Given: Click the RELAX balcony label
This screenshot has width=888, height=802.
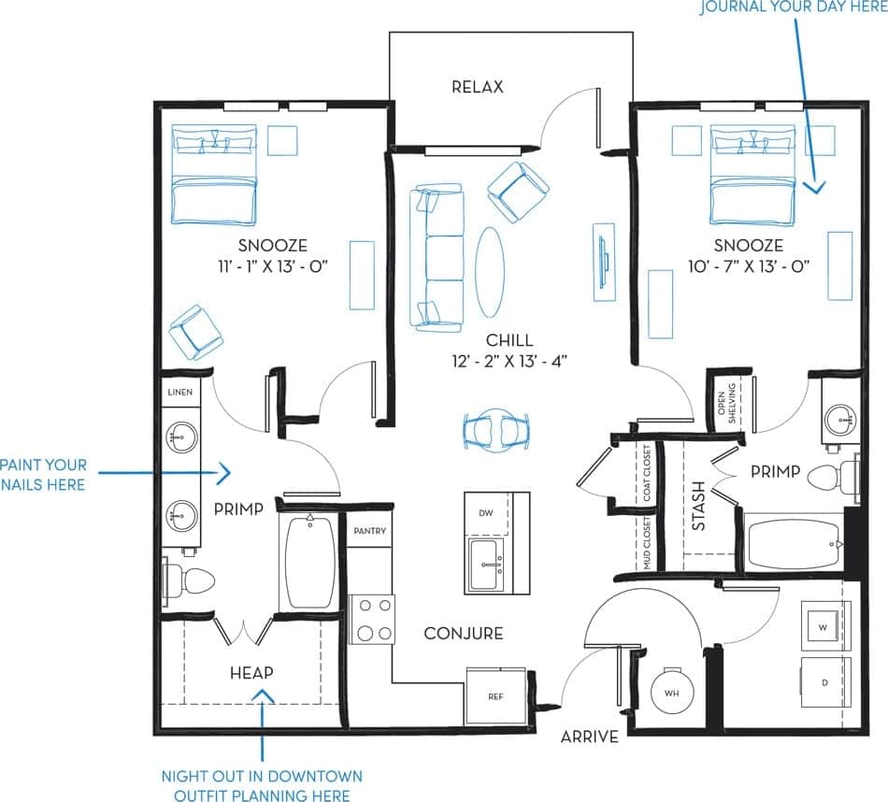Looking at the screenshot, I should [477, 87].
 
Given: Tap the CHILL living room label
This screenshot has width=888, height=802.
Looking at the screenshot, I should [509, 340].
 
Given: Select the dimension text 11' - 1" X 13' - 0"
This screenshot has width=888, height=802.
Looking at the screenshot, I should [272, 265].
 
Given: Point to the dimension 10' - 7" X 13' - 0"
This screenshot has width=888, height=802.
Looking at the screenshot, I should [748, 265].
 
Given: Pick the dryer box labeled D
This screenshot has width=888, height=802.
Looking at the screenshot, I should [825, 682].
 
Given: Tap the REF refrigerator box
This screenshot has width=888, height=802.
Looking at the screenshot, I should [495, 696].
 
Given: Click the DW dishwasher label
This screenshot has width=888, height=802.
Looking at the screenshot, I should [485, 513].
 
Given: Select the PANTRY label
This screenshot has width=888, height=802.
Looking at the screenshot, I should [369, 530].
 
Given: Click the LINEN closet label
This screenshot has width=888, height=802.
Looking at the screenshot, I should [180, 392].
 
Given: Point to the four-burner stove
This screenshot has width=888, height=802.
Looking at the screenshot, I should [372, 619].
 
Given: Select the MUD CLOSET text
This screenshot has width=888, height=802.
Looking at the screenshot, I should [646, 542].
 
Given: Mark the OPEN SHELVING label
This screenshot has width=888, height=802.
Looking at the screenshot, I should [726, 403].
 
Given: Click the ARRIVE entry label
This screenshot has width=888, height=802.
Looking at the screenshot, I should [589, 737].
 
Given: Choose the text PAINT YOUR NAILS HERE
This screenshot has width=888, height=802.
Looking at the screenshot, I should [44, 474].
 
